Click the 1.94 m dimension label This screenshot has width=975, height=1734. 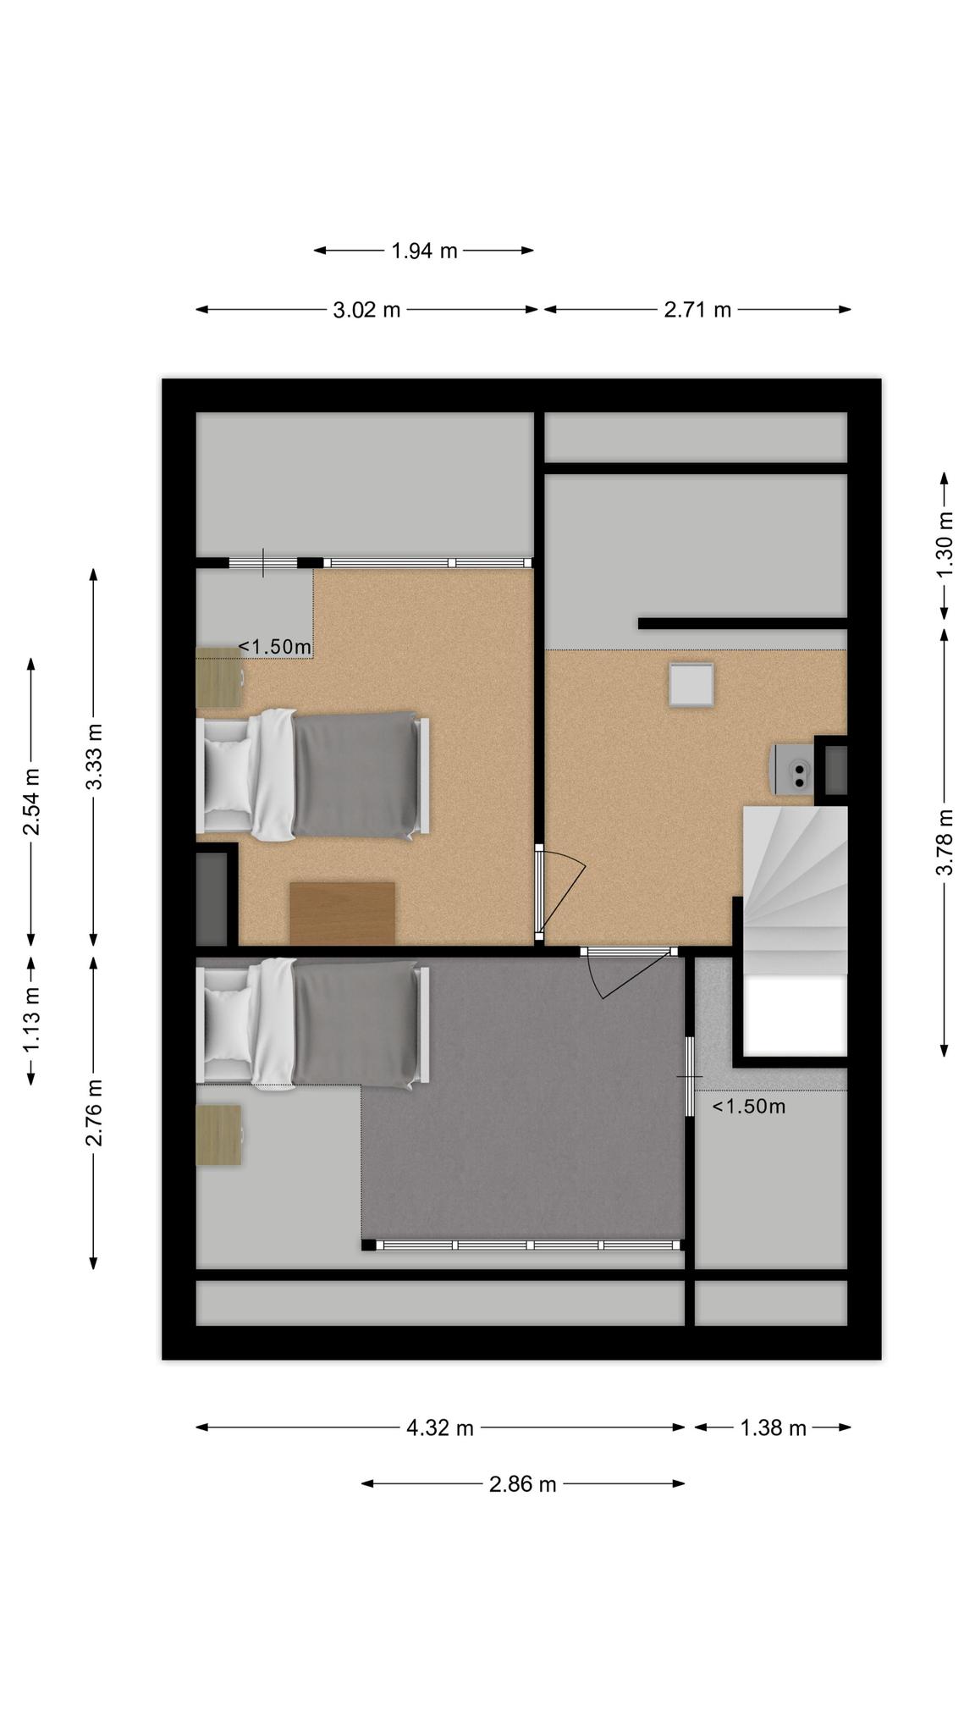click(x=424, y=251)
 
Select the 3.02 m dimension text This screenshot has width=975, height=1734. click(x=366, y=310)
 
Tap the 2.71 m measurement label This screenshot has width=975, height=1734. click(x=697, y=310)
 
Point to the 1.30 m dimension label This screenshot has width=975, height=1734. click(x=945, y=545)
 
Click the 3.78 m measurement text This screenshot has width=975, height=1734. click(x=945, y=842)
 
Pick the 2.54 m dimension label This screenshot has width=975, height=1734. click(x=31, y=801)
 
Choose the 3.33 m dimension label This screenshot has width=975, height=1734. click(x=93, y=756)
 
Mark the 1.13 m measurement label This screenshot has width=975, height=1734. click(x=31, y=1021)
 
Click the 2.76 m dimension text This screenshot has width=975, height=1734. click(x=93, y=1113)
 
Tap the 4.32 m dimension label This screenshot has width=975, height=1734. click(x=440, y=1428)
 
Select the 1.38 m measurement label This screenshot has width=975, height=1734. click(x=774, y=1428)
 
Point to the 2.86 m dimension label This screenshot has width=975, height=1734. click(x=523, y=1484)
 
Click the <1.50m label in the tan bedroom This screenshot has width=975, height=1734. click(x=274, y=647)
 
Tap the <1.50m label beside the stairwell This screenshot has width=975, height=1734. click(x=749, y=1107)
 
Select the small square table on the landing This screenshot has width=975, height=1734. click(x=691, y=684)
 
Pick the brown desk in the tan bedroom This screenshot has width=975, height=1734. click(x=342, y=913)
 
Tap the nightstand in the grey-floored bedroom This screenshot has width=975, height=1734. click(x=218, y=1135)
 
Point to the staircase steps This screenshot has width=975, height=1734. click(x=795, y=890)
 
